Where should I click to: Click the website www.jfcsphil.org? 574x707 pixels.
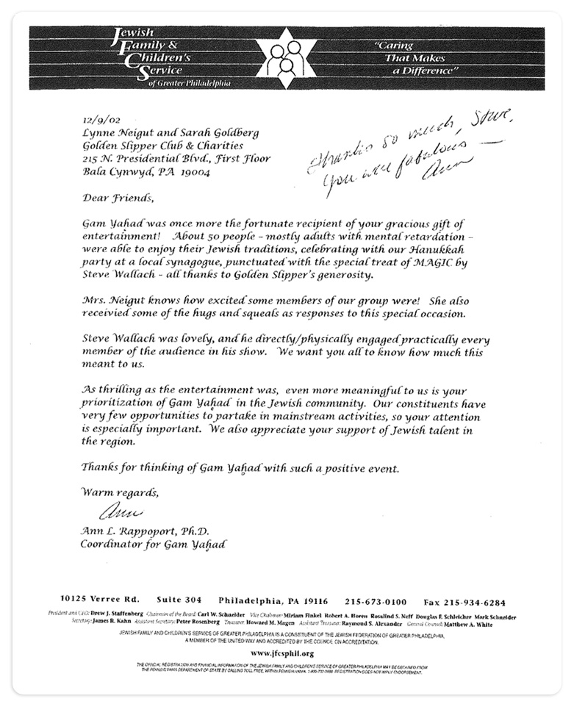[x=283, y=652]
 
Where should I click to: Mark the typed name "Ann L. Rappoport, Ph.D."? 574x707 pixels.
[x=145, y=531]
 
